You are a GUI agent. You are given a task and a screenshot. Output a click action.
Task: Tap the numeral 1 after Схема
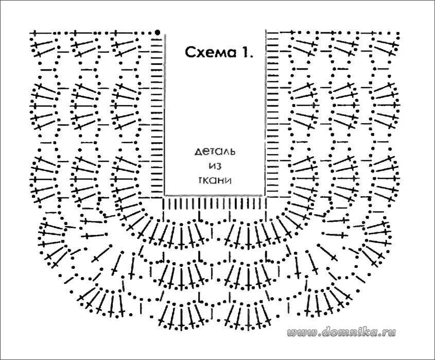click(x=248, y=53)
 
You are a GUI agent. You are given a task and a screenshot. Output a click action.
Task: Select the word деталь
click(x=215, y=152)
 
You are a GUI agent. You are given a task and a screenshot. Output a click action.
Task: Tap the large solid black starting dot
click(x=157, y=32)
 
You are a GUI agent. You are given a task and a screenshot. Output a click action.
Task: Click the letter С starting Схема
click(x=189, y=53)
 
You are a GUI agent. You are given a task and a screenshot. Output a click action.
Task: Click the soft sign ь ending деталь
click(x=232, y=152)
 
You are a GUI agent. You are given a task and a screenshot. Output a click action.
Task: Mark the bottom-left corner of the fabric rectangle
click(x=164, y=195)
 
